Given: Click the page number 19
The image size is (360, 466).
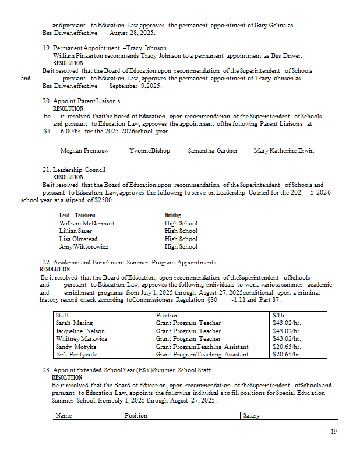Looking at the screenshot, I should pyautogui.click(x=333, y=432).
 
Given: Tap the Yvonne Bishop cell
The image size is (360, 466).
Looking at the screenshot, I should pyautogui.click(x=150, y=150).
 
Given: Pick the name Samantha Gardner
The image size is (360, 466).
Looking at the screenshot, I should pyautogui.click(x=213, y=150).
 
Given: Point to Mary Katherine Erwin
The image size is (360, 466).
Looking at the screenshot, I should pyautogui.click(x=284, y=150).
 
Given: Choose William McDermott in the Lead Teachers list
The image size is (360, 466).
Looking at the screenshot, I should pyautogui.click(x=87, y=223).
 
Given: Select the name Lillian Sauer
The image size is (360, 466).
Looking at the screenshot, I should pyautogui.click(x=76, y=231).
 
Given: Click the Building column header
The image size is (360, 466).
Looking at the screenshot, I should pyautogui.click(x=172, y=216).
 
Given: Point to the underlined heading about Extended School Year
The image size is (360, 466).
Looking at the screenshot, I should pyautogui.click(x=132, y=370).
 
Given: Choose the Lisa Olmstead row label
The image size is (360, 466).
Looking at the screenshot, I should pyautogui.click(x=78, y=239).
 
